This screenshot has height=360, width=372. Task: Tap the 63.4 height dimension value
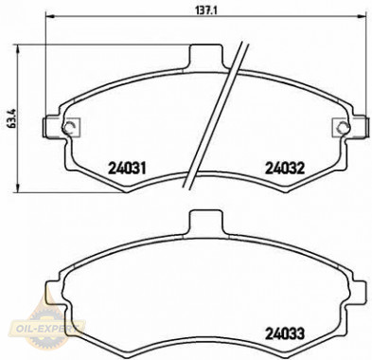point(10,121)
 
